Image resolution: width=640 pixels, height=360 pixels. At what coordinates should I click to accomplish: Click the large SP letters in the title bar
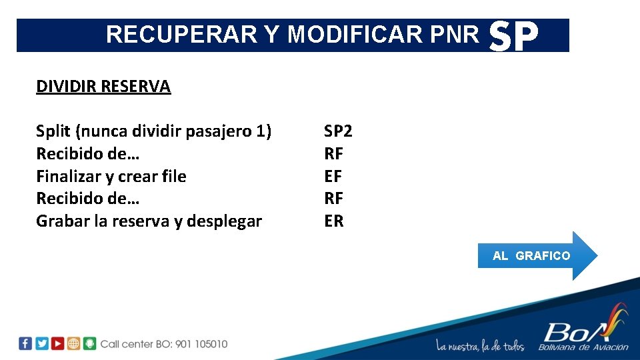point(513,37)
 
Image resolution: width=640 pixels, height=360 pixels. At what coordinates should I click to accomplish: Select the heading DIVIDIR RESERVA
point(103,87)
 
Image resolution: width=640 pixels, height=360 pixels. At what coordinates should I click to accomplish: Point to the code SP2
point(338,131)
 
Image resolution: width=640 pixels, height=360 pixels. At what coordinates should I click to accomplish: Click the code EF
point(333,177)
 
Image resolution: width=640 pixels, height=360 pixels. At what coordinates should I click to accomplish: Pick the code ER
point(334,221)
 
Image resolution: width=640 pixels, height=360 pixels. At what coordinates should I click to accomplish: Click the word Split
point(53,132)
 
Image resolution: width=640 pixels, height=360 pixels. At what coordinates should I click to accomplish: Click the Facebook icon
point(25,343)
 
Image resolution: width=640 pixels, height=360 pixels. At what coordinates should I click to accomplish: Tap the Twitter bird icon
point(41,343)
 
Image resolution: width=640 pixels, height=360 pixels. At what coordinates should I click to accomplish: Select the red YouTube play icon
point(58,343)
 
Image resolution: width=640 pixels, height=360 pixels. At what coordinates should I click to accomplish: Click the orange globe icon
point(74,343)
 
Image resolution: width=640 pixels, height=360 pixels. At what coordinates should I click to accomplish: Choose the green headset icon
point(90,343)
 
